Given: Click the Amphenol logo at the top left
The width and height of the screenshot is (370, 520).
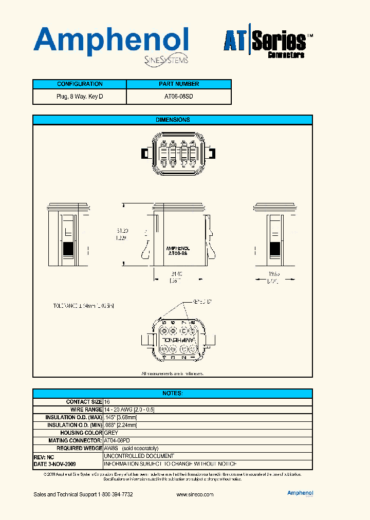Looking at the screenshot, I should click(110, 43).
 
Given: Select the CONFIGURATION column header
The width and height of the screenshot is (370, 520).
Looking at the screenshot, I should click(80, 84).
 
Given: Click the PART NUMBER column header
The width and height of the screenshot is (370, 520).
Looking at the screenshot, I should click(179, 84).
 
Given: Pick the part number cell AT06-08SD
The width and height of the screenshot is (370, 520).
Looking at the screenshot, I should click(179, 97).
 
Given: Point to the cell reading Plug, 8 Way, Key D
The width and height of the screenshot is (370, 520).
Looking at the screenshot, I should click(80, 97).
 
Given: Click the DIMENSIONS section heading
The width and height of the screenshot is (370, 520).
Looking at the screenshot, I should click(173, 120).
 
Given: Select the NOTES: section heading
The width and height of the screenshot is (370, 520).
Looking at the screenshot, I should click(173, 393).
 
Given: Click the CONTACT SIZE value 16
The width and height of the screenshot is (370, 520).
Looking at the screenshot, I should click(107, 402).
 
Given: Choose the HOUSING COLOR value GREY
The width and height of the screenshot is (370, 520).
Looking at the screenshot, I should click(111, 433).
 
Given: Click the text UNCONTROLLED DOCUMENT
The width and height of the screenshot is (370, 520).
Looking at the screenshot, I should click(139, 456).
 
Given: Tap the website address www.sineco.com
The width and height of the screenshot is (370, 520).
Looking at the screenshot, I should click(195, 494).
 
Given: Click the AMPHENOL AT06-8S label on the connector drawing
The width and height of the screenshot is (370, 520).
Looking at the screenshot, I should click(179, 251).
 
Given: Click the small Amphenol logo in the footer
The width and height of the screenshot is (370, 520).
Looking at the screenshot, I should click(300, 493).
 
